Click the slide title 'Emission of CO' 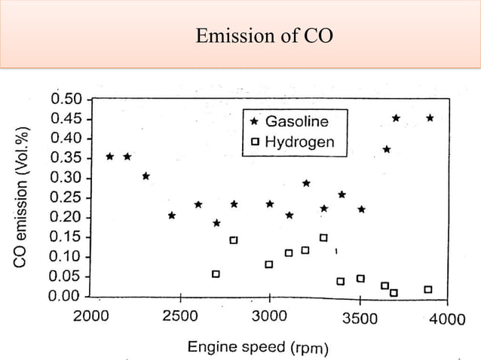click(263, 35)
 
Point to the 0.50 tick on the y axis click(67, 99)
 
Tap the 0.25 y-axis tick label click(67, 197)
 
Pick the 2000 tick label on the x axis click(91, 317)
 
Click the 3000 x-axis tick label click(268, 317)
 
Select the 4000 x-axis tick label click(447, 319)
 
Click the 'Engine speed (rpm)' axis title click(257, 347)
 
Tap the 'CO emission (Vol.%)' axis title click(22, 195)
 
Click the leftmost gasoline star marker click(110, 157)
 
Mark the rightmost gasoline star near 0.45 click(430, 118)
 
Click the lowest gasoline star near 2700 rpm click(216, 223)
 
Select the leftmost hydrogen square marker click(216, 274)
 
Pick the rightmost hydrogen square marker click(428, 289)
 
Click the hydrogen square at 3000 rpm click(269, 264)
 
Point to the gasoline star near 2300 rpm click(146, 176)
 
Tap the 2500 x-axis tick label click(180, 317)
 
